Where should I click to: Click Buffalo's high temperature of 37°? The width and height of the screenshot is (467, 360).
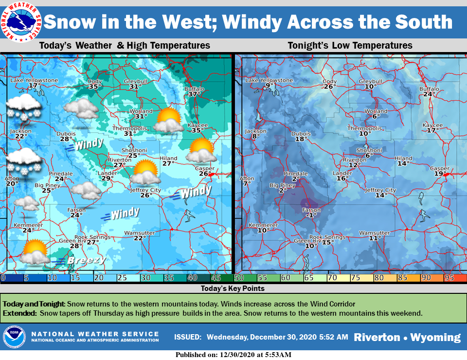[x=194, y=94]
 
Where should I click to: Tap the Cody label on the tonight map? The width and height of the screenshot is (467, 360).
[x=329, y=81]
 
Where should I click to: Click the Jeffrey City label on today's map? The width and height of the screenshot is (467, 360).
[x=146, y=190]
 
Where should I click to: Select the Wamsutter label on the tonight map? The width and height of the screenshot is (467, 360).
[x=374, y=233]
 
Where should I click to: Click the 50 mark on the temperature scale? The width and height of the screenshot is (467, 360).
[x=239, y=278]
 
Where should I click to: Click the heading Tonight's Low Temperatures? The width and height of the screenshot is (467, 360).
[x=350, y=46]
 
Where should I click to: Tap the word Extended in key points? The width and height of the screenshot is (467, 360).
[x=19, y=313]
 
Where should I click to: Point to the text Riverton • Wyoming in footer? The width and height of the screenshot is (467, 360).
[x=407, y=337]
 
